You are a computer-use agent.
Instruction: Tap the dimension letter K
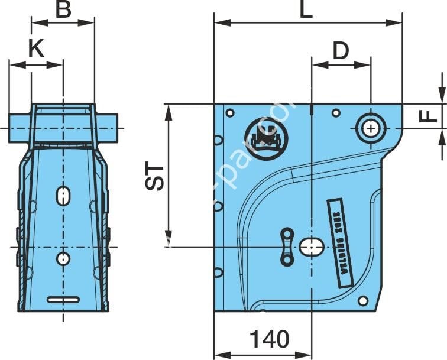36,48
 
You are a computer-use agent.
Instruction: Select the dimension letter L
306,10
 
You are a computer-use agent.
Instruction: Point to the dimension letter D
340,51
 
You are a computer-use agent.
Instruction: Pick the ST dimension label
155,176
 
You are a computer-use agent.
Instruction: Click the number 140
270,339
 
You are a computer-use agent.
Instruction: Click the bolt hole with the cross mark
371,128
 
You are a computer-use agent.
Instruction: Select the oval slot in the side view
311,247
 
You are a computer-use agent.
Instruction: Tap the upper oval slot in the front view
63,196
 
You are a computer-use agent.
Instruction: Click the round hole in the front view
63,258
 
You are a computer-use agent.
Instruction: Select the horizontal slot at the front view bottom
63,299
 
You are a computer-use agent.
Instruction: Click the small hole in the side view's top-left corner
230,112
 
